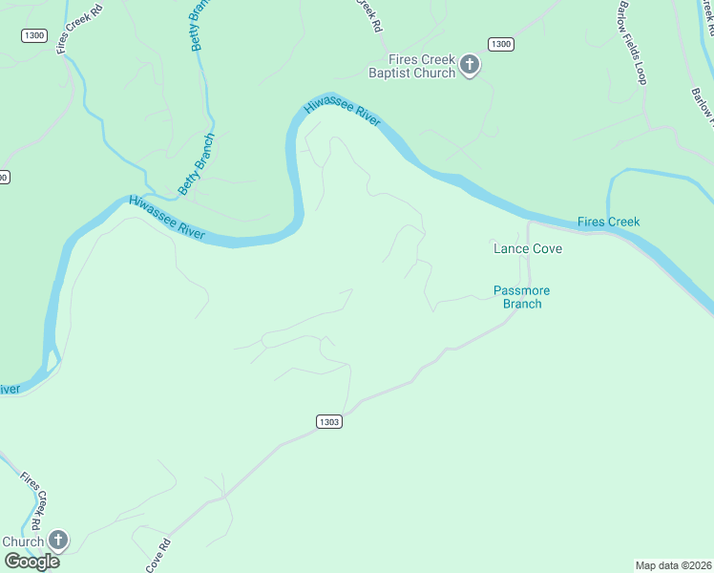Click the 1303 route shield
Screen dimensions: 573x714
click(327, 421)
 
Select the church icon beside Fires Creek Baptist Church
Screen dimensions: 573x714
click(469, 65)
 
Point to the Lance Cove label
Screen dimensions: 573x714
click(527, 248)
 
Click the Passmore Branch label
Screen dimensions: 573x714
click(522, 297)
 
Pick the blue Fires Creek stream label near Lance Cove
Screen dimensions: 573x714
click(608, 222)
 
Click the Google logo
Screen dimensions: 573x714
click(31, 562)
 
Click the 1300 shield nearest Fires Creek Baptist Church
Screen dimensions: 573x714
click(500, 44)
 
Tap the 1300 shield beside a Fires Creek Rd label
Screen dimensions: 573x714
click(33, 34)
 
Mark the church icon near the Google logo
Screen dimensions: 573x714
click(57, 541)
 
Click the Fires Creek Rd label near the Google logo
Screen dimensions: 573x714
click(32, 499)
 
